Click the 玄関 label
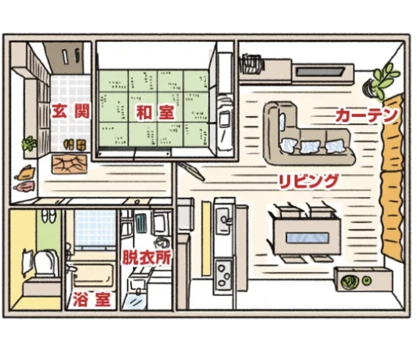tap(70, 112)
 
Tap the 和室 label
tap(155, 112)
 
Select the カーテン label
tap(366, 116)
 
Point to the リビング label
tap(308, 181)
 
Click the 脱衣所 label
tap(147, 257)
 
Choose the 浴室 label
tap(91, 299)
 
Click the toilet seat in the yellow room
tap(46, 263)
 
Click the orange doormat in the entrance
tap(70, 164)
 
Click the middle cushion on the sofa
tap(310, 147)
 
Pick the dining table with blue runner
tap(307, 235)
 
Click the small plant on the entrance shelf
tap(29, 144)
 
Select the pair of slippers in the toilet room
tap(48, 215)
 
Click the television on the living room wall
tap(321, 71)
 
